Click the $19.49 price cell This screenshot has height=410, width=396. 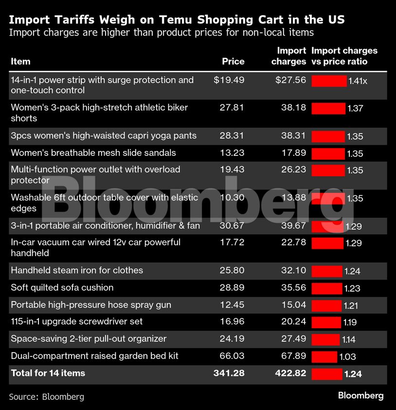click(229, 80)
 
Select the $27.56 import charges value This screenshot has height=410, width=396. click(290, 80)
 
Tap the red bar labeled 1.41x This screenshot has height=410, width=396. click(329, 81)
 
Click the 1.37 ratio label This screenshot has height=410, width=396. click(355, 109)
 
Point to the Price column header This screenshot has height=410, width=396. click(233, 61)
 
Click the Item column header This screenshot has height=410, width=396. click(20, 61)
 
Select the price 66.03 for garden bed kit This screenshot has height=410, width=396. click(232, 356)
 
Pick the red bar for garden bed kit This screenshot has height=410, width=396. click(324, 357)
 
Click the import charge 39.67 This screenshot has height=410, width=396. click(293, 225)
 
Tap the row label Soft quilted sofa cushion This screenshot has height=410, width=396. click(62, 287)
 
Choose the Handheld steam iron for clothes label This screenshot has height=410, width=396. click(77, 270)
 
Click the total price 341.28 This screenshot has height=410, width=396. click(229, 373)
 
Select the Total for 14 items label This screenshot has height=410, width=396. click(48, 373)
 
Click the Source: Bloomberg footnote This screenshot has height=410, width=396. click(46, 396)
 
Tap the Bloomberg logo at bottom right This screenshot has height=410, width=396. click(360, 395)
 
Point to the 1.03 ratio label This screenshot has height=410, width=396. click(347, 357)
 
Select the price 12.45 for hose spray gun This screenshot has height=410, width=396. click(232, 305)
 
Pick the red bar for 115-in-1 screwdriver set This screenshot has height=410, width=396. click(326, 322)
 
